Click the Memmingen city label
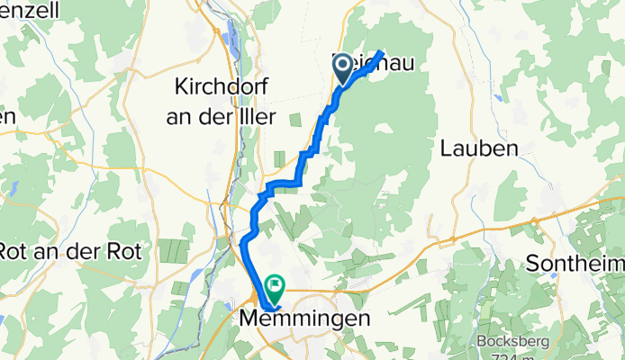[306, 319]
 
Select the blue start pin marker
[344, 70]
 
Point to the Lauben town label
[480, 149]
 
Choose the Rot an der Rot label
[70, 251]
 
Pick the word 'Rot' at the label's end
[123, 251]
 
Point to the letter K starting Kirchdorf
[178, 88]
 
